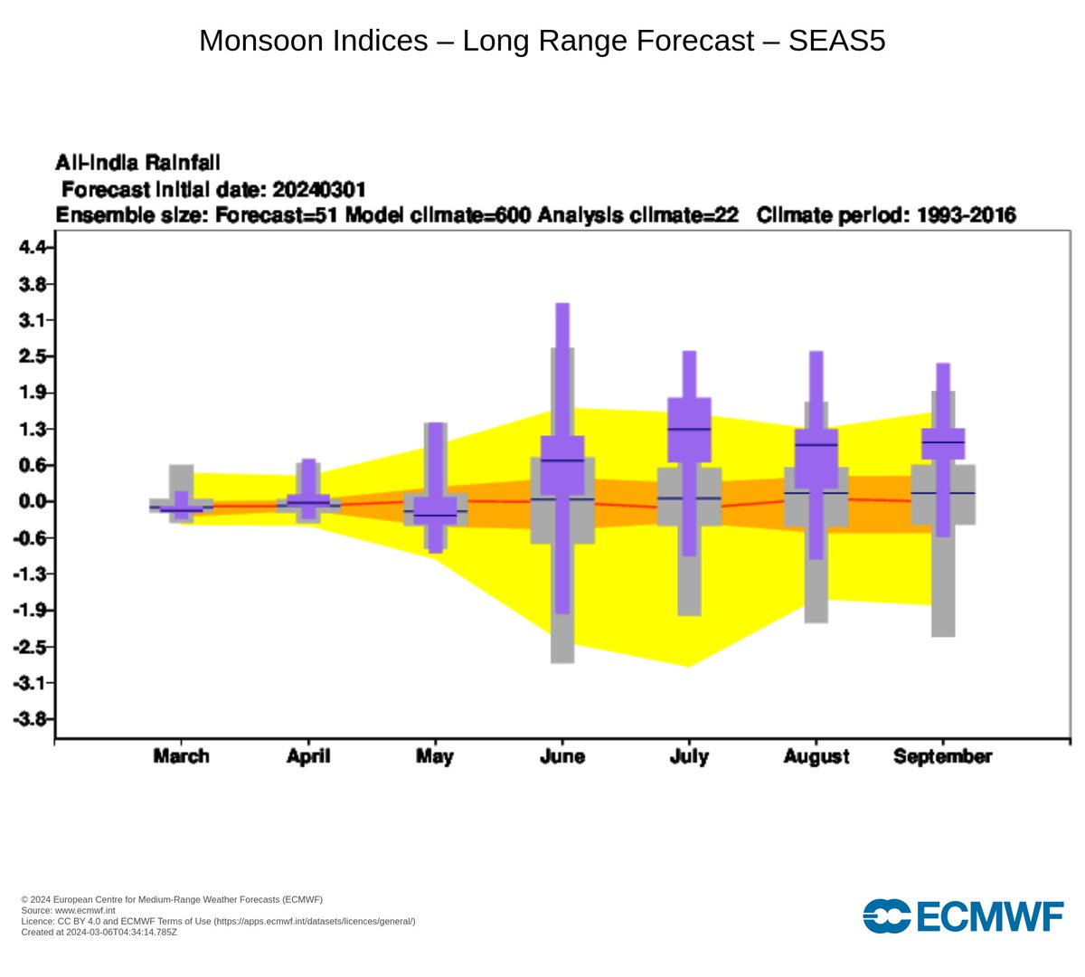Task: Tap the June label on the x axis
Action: [x=561, y=756]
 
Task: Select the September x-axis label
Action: [x=942, y=756]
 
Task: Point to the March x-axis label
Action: [x=181, y=756]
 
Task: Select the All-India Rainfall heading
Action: [x=137, y=163]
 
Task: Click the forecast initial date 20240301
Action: [x=318, y=189]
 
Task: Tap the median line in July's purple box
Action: [x=689, y=429]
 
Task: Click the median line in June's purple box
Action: [x=561, y=460]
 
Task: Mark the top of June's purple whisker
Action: [x=561, y=305]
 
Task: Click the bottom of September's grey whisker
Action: [x=943, y=635]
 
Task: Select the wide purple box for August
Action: [x=816, y=459]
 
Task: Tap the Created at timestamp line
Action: [x=99, y=932]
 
